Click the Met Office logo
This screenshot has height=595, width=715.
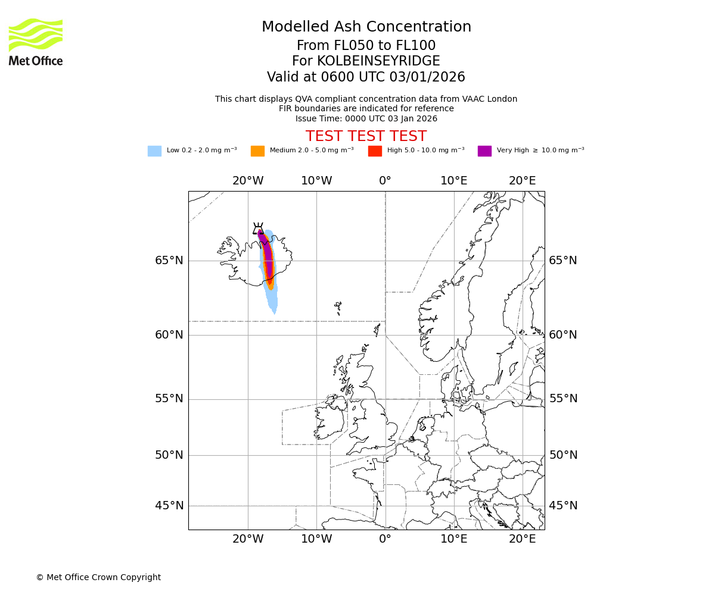[36, 42]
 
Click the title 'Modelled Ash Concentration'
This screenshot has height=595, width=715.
[366, 27]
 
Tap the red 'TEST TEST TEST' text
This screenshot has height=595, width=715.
[366, 136]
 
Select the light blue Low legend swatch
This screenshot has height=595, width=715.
[154, 151]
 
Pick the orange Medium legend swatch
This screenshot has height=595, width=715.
[257, 151]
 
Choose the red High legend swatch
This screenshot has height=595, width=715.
[375, 151]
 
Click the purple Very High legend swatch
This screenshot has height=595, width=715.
[484, 151]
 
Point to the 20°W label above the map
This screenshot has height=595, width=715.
[248, 181]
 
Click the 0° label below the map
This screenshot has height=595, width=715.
[385, 539]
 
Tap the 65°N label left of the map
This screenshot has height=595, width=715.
[169, 261]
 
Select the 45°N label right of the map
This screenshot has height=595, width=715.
[563, 506]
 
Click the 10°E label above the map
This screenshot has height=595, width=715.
[454, 181]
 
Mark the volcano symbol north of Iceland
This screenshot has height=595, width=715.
[258, 229]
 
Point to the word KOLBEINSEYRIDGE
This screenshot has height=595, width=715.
[378, 61]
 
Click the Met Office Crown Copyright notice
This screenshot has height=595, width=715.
[98, 577]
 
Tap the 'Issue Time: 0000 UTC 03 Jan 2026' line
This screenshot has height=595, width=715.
[366, 118]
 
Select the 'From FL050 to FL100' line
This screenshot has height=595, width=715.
[366, 46]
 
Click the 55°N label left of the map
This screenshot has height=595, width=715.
[169, 399]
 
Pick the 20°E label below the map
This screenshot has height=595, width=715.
[523, 539]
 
